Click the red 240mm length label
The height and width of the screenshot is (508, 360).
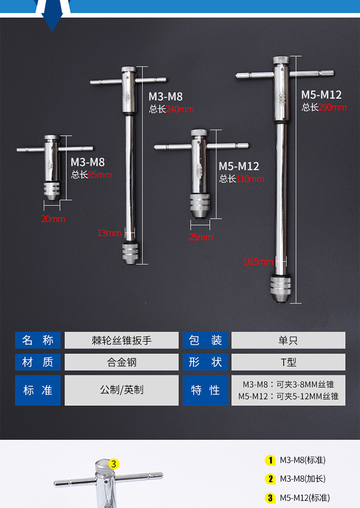coord(180,109)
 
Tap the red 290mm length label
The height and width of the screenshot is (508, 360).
coord(333,107)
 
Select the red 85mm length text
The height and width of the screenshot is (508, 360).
coord(99,175)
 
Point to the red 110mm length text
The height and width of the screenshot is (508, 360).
coord(250,179)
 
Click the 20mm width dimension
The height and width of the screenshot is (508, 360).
coord(53,219)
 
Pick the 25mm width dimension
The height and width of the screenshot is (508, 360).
coord(201,237)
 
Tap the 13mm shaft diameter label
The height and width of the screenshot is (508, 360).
coord(109,233)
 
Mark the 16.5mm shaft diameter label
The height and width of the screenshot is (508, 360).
coord(258,261)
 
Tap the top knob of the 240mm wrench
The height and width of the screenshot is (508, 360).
coord(129,70)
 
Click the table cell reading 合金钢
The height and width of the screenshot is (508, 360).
coord(121,362)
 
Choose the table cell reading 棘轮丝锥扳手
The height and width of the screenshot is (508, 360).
coord(121,340)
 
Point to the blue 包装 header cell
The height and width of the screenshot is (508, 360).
coord(205,340)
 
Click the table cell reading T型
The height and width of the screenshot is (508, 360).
coord(288,362)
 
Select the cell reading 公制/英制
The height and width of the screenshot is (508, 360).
coord(121,390)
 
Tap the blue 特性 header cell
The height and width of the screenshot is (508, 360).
coord(205,390)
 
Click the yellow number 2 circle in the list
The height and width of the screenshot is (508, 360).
coord(270,479)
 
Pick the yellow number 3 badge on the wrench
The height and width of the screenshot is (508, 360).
coord(113,464)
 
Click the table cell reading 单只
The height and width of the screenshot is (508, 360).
coord(288,340)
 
